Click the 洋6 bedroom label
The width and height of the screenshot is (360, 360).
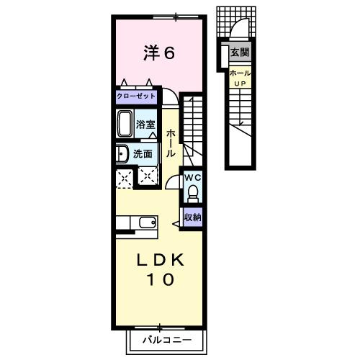(159, 53)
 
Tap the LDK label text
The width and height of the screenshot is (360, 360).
(161, 260)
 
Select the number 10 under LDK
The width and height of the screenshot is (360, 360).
(161, 279)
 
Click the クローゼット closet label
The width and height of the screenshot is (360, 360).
(136, 96)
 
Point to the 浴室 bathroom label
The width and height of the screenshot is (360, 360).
(145, 125)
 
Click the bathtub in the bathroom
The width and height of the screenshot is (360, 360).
(125, 124)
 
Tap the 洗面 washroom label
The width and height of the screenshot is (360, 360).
(143, 154)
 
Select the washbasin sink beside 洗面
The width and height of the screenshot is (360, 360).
(122, 153)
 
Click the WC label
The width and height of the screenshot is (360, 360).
(193, 178)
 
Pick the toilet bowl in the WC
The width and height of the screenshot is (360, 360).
(193, 194)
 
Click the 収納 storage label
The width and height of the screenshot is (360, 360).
(192, 217)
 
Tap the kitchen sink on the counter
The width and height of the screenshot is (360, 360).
(148, 222)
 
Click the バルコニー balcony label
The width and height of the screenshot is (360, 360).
(167, 340)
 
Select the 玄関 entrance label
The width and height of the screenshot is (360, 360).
(240, 52)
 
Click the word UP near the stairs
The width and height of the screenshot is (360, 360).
(240, 84)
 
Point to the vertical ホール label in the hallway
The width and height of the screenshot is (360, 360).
(171, 143)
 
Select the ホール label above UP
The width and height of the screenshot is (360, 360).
(240, 73)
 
